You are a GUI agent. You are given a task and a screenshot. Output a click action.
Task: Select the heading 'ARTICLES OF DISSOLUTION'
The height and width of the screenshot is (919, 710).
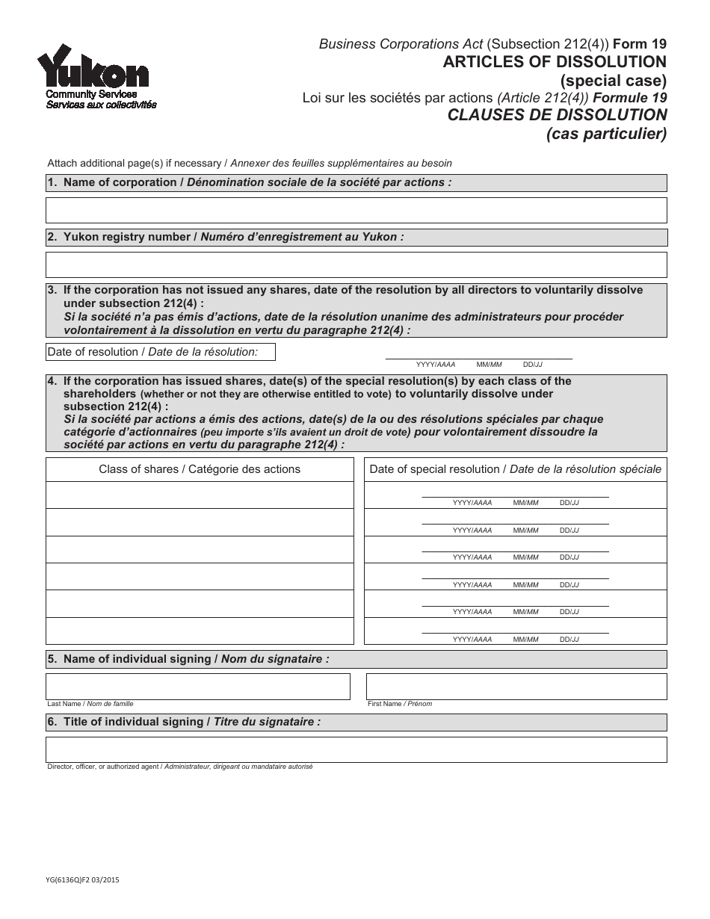point(555,61)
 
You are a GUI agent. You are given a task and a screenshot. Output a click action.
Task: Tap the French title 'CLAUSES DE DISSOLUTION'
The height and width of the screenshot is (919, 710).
point(557,115)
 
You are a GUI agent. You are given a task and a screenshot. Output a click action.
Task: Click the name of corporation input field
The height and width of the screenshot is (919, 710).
point(356,211)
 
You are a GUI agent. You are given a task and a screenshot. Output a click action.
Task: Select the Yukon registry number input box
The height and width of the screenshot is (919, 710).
point(356,264)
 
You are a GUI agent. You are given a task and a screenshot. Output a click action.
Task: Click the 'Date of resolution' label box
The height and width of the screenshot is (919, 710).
point(161,352)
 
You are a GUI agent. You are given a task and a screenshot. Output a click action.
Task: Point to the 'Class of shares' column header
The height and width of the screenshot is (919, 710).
point(200,469)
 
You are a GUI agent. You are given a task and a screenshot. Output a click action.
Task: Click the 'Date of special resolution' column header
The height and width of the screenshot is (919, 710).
point(515,469)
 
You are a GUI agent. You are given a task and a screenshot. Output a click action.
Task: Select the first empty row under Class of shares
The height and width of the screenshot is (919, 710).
point(200,495)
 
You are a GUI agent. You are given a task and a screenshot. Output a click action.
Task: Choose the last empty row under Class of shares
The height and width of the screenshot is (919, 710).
point(200,631)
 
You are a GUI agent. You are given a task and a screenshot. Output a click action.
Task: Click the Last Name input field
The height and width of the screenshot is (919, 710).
point(198,686)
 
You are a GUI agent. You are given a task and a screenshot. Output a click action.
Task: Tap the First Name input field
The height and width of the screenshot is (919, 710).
point(516,686)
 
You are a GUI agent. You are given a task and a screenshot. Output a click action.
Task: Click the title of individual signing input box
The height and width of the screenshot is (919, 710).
point(356,749)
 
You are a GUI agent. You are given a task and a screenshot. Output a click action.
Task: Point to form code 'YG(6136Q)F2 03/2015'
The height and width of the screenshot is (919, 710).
point(83,881)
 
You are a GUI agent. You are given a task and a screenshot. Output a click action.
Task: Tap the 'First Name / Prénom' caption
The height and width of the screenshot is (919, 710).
point(400,704)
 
